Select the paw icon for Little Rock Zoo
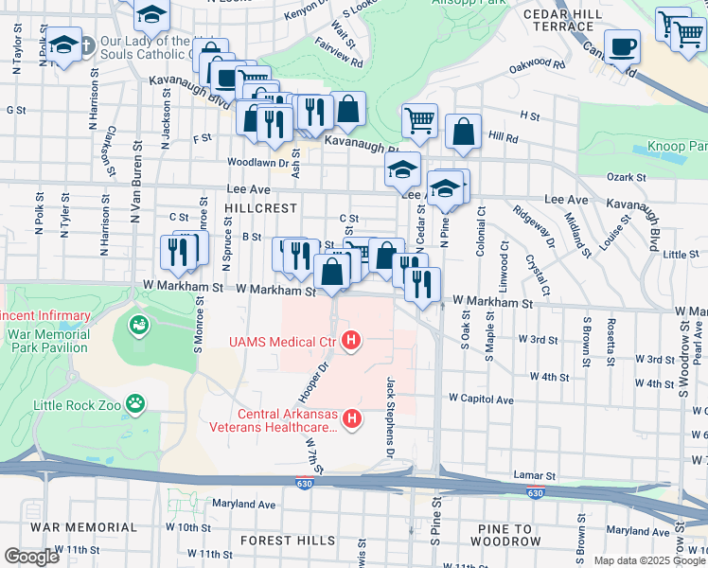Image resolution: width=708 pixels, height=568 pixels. (x=137, y=403)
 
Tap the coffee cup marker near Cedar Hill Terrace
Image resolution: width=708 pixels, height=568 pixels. (x=623, y=46)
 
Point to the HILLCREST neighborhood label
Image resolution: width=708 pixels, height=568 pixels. (x=261, y=207)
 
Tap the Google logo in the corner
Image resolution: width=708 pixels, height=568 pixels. (x=30, y=557)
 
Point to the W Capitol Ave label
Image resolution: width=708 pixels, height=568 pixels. (x=481, y=399)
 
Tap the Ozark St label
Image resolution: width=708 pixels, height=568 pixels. (x=626, y=177)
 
